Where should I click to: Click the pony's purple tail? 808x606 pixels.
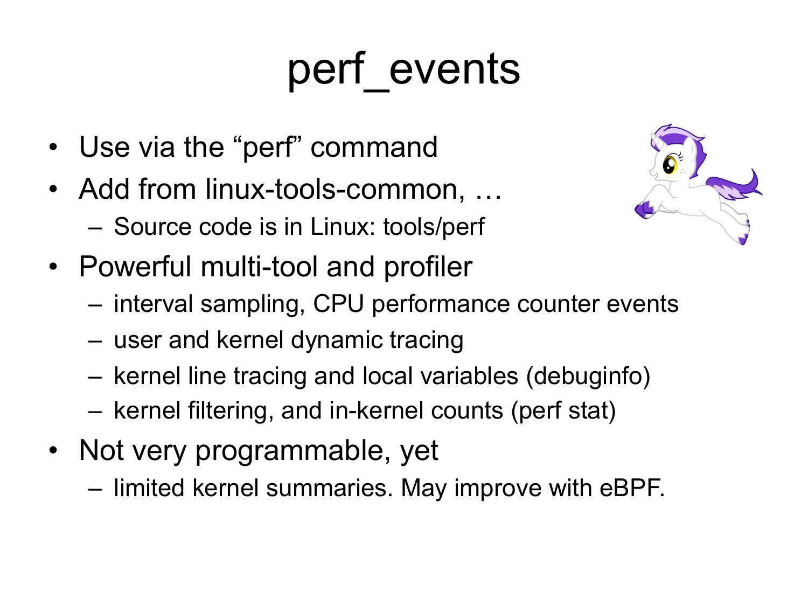point(734,185)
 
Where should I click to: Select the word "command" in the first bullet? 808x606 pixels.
point(374,147)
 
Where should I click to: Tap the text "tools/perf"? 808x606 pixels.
point(434,227)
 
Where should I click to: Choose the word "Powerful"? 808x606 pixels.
point(135,267)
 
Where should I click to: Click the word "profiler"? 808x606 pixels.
point(428,267)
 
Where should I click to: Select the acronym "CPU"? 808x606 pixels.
point(338,304)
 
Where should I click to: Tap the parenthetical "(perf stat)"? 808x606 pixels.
point(563,411)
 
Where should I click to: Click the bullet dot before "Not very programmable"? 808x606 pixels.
point(53,450)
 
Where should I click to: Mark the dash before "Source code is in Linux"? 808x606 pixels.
point(95,228)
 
